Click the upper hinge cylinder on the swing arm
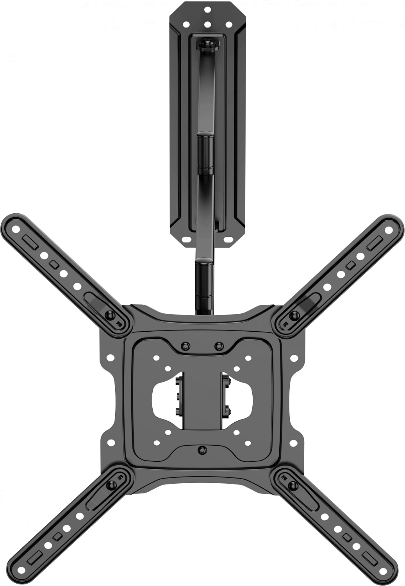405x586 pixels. coord(205,153)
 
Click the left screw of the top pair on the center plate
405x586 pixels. coord(186,346)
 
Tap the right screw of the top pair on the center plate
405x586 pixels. coord(219,346)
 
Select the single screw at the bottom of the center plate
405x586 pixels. coord(202,450)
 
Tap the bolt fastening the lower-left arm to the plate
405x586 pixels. coord(110,486)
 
